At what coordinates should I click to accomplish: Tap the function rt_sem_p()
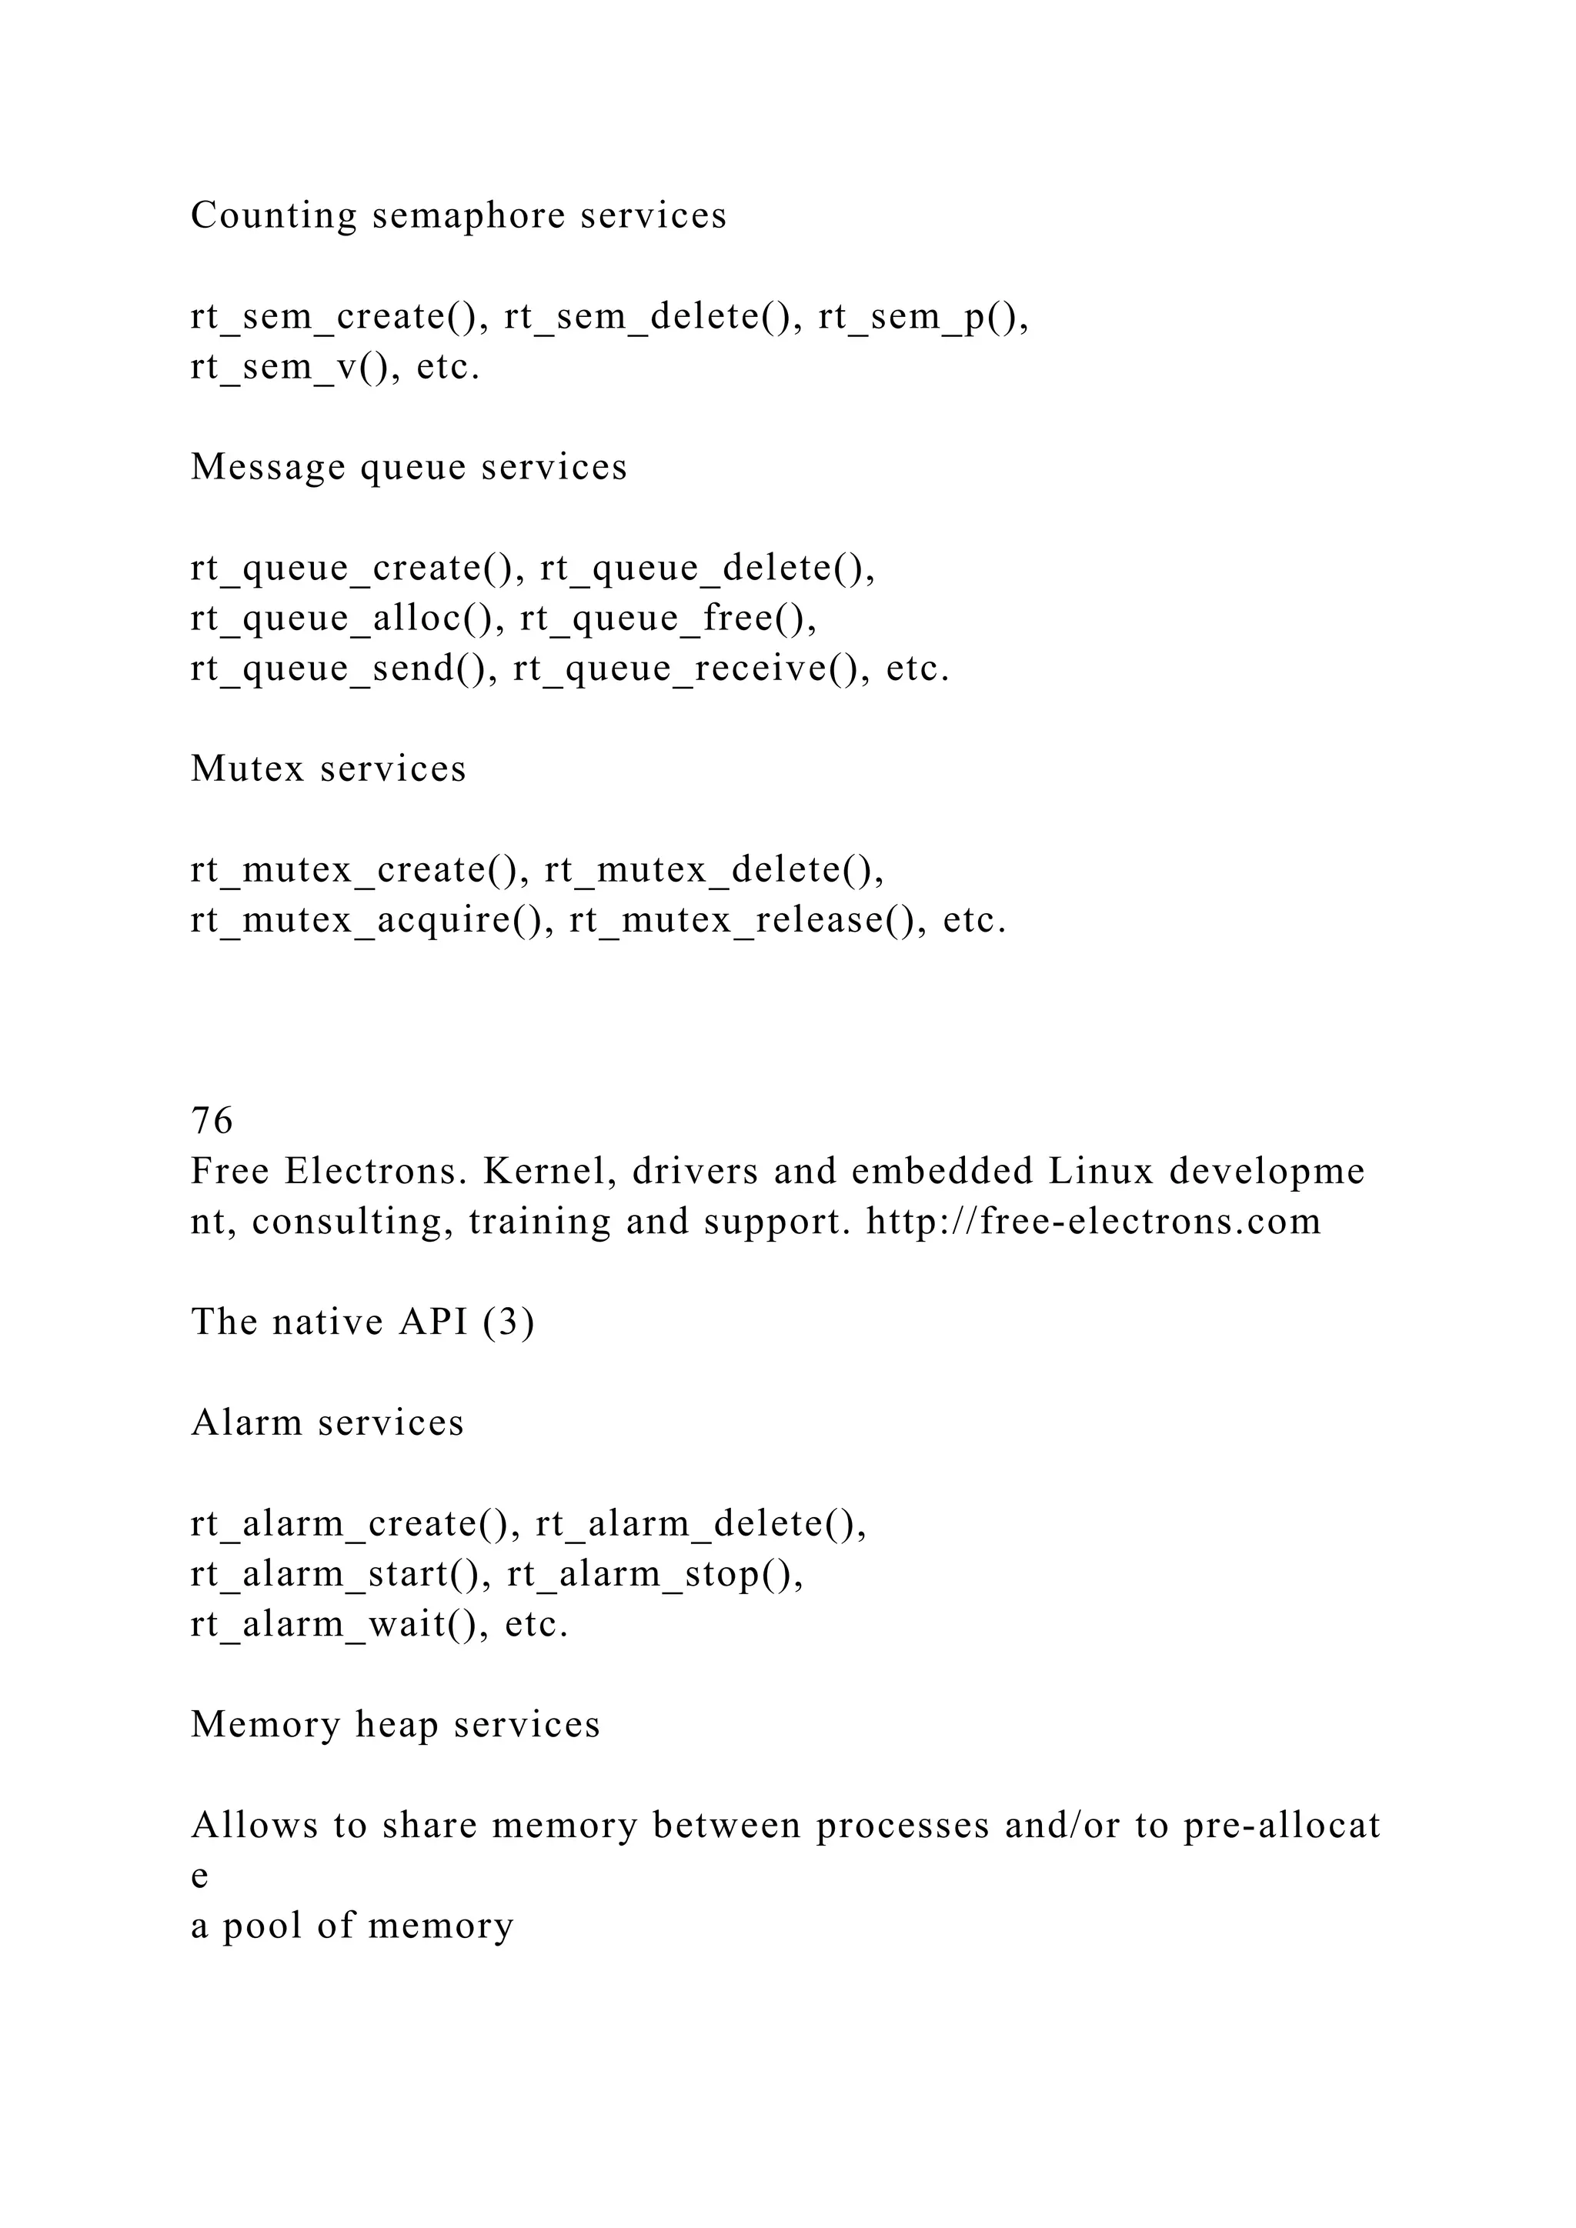923,317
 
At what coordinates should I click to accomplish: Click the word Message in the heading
268,468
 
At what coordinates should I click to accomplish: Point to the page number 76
212,1122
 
